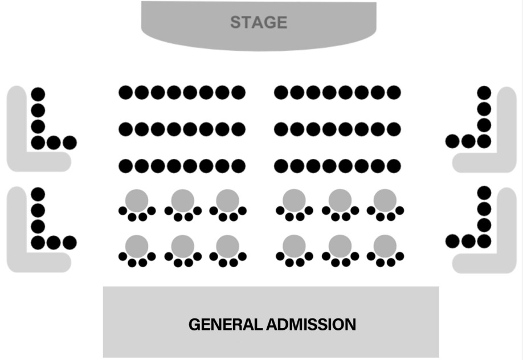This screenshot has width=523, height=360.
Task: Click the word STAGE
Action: pos(259,23)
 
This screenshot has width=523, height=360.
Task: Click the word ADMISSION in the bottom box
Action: pos(311,325)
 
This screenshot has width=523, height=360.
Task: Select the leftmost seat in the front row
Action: pos(125,92)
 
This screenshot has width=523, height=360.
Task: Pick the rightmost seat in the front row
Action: pos(394,92)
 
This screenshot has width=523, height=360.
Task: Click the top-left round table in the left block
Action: pos(137,200)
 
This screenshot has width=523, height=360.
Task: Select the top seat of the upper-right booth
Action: pos(484,92)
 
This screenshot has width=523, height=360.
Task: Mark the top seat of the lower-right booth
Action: pos(484,193)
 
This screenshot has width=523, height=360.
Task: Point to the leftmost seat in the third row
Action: pos(125,166)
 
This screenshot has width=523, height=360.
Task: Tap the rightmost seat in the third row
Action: pos(394,166)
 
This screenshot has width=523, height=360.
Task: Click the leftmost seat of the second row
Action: pos(125,129)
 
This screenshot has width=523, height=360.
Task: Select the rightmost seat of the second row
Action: pos(394,129)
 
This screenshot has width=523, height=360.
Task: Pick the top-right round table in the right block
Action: pos(385,200)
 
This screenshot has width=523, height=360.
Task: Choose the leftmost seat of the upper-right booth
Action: pos(452,141)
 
